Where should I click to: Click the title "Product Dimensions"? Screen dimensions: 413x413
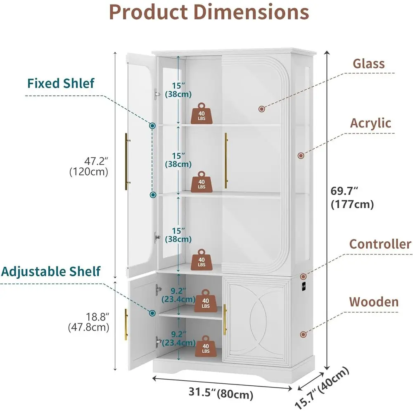[x=209, y=12]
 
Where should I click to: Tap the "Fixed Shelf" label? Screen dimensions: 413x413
[x=61, y=83]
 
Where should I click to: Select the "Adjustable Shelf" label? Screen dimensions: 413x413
[x=50, y=272]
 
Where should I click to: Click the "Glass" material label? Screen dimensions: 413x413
[x=368, y=64]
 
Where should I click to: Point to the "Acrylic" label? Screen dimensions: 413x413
[x=370, y=123]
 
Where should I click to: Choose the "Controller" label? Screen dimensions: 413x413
[x=380, y=244]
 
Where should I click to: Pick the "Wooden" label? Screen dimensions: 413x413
[x=374, y=302]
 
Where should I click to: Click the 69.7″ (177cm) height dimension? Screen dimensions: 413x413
[x=352, y=197]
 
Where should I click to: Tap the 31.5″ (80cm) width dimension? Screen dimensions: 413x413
[x=221, y=393]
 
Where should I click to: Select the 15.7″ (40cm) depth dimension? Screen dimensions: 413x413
[x=322, y=387]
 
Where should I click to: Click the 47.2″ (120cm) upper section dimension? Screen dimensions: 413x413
[x=89, y=166]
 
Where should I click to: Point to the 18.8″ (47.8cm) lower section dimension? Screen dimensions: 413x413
[x=88, y=322]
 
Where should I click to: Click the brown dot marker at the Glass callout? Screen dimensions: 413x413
[x=261, y=109]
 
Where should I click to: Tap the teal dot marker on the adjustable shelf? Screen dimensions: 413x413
[x=152, y=313]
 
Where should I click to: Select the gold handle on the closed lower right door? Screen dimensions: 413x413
[x=225, y=320]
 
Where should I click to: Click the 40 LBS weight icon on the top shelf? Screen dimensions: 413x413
[x=202, y=113]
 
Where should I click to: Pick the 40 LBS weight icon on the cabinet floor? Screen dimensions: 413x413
[x=206, y=346]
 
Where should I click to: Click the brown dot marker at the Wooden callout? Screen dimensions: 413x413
[x=303, y=335]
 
